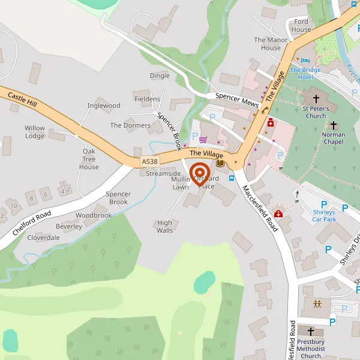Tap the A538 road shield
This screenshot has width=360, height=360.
150,162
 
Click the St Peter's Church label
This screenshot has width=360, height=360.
315,112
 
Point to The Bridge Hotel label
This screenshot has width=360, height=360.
305,74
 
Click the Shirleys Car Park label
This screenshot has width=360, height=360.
324,215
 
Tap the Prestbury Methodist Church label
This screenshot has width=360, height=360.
311,352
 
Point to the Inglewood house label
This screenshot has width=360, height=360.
104,106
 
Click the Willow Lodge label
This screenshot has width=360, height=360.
35,132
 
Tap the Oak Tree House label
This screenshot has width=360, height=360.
89,159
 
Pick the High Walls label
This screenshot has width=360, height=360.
164,227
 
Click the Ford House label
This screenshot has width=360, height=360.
301,26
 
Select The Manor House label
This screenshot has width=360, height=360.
267,44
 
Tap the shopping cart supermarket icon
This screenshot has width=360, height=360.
203,139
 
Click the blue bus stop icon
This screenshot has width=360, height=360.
232,178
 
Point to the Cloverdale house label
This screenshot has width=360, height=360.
43,237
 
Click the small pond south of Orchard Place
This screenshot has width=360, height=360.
204,281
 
